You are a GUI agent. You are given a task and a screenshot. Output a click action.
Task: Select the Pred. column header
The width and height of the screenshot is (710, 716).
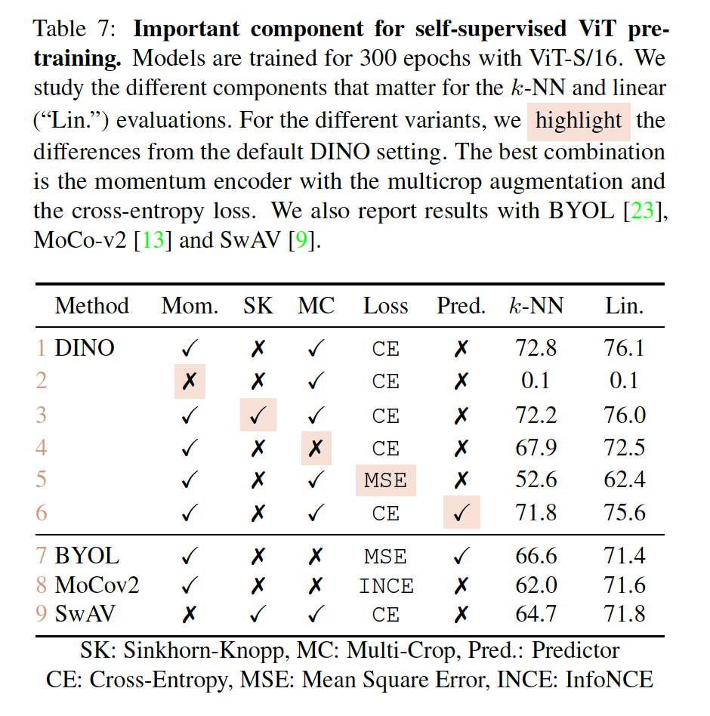click(461, 306)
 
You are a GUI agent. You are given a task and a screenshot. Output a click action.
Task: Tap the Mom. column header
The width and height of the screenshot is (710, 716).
click(190, 306)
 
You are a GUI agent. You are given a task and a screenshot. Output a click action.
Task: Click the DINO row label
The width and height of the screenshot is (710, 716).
click(85, 348)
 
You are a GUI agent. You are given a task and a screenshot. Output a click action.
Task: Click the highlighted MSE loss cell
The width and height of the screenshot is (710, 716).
click(385, 480)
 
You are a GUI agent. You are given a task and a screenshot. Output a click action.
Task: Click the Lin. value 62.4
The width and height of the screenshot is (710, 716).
click(624, 480)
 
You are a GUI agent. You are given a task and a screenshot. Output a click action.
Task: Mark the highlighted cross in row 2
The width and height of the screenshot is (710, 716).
click(190, 381)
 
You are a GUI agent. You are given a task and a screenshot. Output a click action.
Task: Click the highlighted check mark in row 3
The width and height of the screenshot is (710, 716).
click(258, 415)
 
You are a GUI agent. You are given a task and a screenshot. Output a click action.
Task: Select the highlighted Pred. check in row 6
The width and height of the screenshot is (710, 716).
click(461, 514)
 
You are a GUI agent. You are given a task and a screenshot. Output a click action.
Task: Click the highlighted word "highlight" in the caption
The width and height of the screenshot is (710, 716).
click(579, 121)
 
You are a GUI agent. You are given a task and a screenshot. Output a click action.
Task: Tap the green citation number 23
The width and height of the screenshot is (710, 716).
click(647, 211)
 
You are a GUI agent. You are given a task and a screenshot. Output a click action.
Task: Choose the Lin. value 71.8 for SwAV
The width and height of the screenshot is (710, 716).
click(624, 613)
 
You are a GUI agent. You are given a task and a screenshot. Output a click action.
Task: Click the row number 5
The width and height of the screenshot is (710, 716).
click(41, 480)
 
